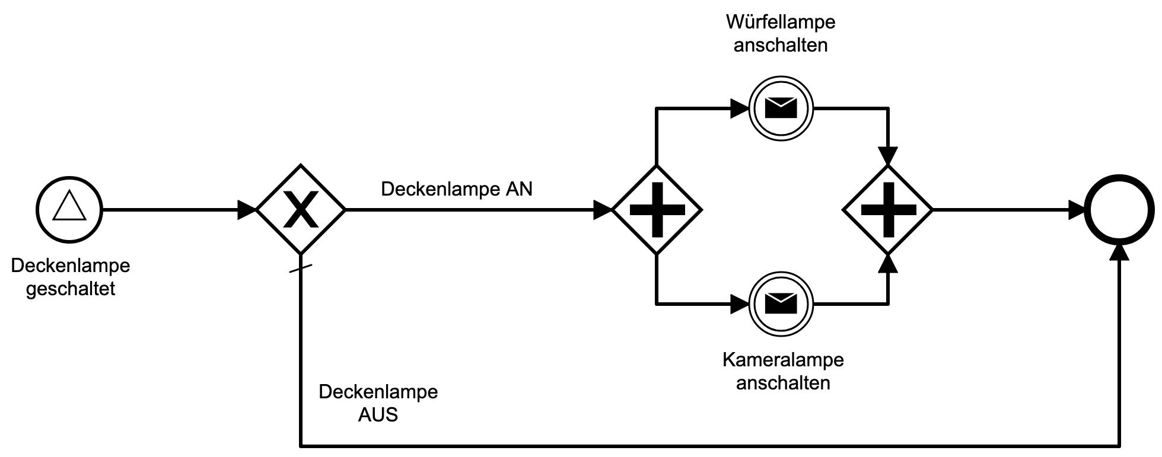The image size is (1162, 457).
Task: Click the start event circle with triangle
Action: (69, 209)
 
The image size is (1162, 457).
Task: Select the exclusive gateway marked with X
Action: (301, 209)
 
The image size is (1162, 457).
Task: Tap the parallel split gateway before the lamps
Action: (657, 209)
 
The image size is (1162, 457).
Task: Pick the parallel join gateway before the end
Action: (888, 209)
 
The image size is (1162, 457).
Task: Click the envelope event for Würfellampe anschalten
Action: (781, 108)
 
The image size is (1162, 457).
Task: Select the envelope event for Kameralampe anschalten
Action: (781, 304)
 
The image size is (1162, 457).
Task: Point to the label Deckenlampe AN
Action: (456, 189)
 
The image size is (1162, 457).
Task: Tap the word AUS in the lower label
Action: (378, 414)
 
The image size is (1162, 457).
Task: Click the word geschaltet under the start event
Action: (71, 289)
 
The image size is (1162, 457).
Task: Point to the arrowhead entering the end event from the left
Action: (1077, 210)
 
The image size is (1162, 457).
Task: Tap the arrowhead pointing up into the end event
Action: (1119, 252)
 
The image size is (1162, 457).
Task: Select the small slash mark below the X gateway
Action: (301, 270)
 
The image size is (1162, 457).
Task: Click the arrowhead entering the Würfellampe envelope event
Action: (740, 108)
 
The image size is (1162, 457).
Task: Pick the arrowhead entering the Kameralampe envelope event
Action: (740, 304)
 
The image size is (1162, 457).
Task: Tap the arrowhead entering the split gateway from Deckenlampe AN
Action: (603, 210)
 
